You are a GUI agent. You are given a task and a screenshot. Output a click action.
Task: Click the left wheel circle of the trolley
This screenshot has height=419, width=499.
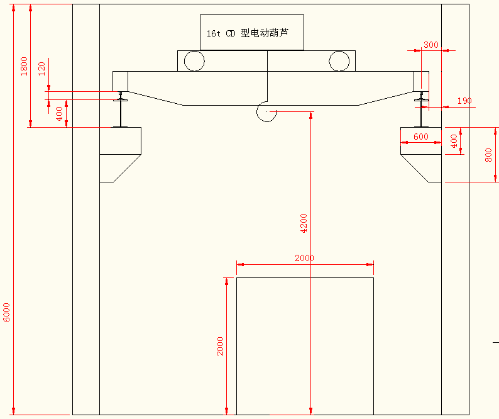(194, 61)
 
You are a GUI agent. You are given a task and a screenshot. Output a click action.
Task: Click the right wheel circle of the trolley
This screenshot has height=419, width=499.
(339, 61)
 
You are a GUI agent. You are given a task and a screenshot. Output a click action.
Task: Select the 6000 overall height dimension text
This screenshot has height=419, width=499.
(7, 312)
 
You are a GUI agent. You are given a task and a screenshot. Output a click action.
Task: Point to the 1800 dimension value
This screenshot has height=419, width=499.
(24, 66)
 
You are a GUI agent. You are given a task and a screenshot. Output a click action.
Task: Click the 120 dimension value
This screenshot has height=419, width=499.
(42, 69)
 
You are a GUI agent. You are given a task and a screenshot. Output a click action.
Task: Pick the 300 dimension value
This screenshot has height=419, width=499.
(430, 45)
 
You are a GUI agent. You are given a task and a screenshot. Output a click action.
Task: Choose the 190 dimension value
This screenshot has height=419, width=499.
(464, 101)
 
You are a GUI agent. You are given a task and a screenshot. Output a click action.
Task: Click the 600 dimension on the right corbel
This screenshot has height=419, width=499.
(421, 137)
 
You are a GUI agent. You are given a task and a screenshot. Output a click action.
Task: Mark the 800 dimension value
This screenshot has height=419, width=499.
(488, 155)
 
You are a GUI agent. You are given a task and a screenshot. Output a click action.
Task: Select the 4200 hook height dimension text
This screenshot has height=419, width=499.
(304, 223)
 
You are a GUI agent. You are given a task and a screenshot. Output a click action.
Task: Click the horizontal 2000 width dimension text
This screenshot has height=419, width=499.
(304, 258)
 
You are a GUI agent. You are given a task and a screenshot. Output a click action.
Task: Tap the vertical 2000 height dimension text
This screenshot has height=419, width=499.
(220, 346)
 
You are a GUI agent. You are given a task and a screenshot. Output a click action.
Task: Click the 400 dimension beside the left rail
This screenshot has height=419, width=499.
(60, 114)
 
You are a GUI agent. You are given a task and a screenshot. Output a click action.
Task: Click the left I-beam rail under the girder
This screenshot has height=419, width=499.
(120, 113)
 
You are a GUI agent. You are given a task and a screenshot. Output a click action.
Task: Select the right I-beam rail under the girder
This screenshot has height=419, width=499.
(421, 113)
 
